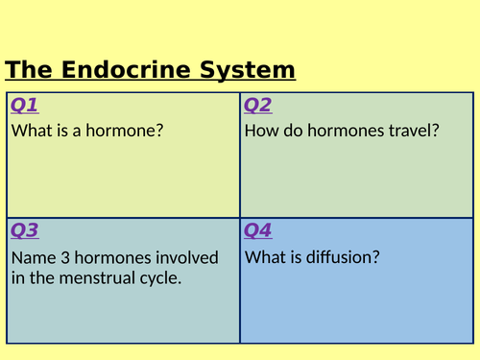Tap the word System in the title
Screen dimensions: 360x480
251,70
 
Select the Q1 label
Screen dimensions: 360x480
25,105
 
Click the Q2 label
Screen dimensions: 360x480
258,105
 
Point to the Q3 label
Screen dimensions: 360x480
25,230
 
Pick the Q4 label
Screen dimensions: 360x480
258,230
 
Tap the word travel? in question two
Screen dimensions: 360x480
414,131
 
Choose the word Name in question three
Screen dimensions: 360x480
32,257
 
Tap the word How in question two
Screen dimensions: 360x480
260,131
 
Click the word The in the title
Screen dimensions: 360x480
30,70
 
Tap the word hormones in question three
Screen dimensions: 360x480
110,257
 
